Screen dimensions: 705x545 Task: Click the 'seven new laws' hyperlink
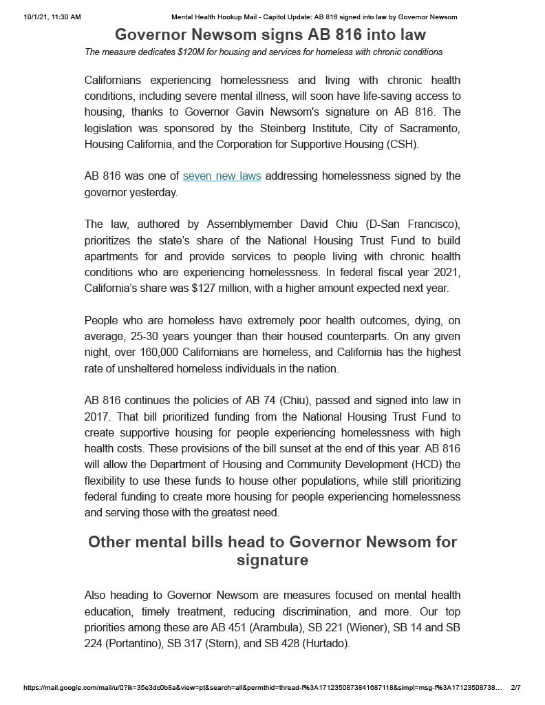point(222,176)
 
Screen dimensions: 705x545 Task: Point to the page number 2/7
point(515,688)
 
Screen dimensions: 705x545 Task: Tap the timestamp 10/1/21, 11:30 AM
point(52,17)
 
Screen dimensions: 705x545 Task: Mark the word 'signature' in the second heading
point(272,560)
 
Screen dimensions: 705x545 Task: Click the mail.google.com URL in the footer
point(262,688)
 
